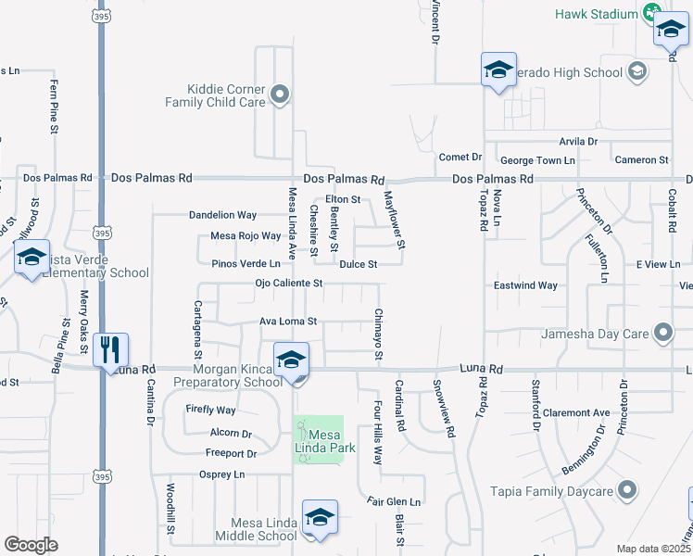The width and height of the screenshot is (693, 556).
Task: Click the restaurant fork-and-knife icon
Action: click(110, 349)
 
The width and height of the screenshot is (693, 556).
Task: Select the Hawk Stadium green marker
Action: click(652, 13)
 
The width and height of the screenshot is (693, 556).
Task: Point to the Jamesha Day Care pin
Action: click(662, 332)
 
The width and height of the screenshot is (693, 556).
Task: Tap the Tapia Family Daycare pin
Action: click(627, 488)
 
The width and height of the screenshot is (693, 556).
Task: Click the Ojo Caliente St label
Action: click(289, 283)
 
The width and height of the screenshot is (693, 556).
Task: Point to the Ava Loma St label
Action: click(287, 322)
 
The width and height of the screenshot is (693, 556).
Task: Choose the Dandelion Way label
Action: click(222, 214)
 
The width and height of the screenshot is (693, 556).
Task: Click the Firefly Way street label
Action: click(210, 410)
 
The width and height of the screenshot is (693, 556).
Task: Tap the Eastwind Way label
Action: click(525, 285)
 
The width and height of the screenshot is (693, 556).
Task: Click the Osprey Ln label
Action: click(221, 474)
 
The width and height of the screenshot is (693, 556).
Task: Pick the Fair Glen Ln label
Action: click(393, 501)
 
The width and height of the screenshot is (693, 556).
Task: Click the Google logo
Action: click(31, 545)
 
